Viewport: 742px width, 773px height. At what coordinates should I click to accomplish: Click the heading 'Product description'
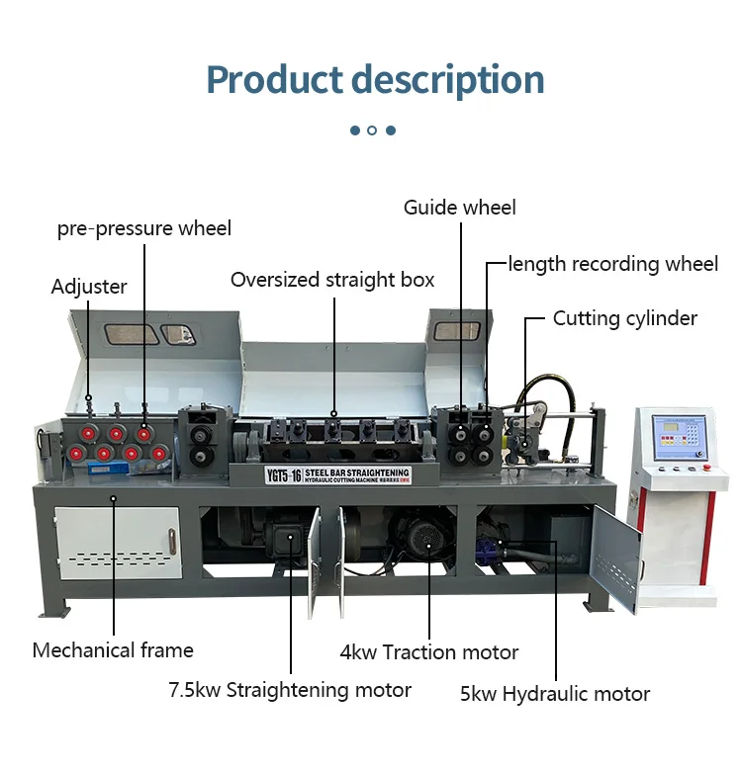pos(375,79)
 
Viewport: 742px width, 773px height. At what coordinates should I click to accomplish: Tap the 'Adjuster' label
pos(89,287)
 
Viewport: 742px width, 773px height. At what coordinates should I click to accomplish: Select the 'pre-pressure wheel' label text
pos(144,229)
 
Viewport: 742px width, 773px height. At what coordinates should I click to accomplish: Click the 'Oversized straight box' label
pos(332,280)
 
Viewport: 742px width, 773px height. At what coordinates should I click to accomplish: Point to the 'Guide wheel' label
pos(460,208)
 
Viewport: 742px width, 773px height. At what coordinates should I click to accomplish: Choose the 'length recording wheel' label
pos(613,264)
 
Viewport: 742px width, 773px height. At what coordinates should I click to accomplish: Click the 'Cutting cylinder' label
pos(624,318)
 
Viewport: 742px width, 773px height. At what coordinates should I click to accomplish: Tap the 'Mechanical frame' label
pos(113,650)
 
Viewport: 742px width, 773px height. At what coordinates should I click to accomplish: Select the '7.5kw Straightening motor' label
pos(289,690)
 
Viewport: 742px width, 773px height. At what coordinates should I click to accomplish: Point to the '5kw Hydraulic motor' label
pos(555,694)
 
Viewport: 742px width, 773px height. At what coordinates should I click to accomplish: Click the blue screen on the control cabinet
pos(680,436)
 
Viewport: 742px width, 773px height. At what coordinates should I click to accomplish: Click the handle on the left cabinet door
pos(170,543)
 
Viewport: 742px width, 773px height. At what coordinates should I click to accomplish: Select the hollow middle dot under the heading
pos(372,130)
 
